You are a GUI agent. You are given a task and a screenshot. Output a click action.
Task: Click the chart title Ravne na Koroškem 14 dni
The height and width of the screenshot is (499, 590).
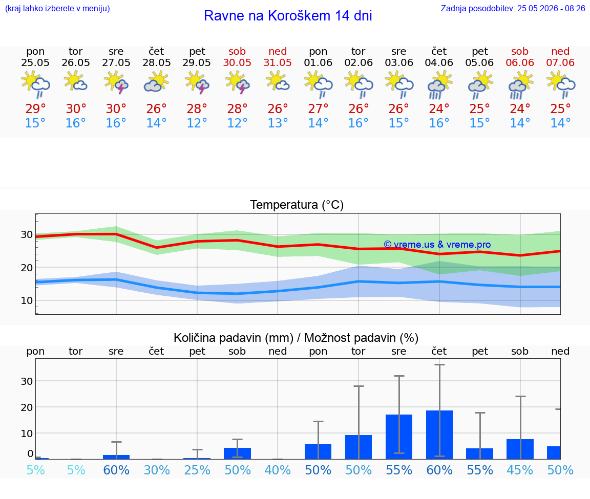point(288,16)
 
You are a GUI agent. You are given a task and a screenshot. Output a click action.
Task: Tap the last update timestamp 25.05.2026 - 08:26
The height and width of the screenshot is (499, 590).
point(551,8)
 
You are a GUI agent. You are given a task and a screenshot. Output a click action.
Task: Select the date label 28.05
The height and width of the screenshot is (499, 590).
point(157,62)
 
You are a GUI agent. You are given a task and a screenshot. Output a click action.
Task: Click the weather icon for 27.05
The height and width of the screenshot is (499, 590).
point(116,83)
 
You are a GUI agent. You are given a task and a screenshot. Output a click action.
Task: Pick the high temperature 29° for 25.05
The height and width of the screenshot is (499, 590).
point(35,109)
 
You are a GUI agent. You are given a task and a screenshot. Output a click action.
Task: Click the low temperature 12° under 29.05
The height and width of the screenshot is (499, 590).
point(197,123)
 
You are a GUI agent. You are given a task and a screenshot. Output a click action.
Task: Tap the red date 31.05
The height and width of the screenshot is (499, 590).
point(277,62)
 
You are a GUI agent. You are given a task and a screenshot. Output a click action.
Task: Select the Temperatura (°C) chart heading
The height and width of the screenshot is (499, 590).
point(297,205)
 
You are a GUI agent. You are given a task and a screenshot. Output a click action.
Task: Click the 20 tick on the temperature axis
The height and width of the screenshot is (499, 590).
point(27,268)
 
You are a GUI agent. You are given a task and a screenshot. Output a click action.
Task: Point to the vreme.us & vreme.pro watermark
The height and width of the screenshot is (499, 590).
point(437,245)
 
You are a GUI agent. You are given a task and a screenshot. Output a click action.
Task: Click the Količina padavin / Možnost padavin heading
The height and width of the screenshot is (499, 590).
point(296,338)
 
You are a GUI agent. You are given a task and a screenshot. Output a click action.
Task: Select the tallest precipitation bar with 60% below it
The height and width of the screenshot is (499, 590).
point(439,435)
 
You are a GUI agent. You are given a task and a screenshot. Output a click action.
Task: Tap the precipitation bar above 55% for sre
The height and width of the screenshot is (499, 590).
point(399,437)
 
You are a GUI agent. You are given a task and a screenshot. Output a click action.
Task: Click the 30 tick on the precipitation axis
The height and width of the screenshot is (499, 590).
point(27,381)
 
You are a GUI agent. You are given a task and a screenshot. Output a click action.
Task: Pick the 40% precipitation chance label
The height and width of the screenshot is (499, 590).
point(278,470)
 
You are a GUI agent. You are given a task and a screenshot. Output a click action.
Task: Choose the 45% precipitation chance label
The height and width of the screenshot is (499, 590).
point(520,470)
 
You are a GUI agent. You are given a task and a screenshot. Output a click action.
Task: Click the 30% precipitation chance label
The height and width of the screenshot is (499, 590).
point(157,470)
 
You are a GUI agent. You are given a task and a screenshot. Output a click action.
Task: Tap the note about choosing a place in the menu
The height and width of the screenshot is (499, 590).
point(57,8)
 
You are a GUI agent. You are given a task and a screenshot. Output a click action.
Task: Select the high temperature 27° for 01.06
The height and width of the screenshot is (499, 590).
point(318,109)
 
